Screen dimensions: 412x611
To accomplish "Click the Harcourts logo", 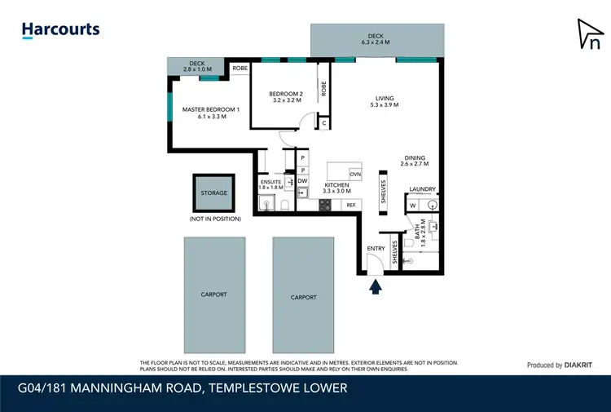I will point(60,31).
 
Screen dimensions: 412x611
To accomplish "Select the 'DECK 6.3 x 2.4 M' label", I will point(376,39).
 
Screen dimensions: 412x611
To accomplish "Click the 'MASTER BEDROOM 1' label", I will point(211,113).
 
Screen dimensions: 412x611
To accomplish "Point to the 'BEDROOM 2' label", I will point(286,98).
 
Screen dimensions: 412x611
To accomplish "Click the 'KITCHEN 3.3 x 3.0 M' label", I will point(337,189).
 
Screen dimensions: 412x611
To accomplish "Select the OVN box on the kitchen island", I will point(355,175).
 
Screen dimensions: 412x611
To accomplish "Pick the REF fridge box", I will point(352,206).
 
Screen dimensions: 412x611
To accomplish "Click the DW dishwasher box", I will point(302,180).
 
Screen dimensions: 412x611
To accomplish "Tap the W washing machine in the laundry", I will point(413,205).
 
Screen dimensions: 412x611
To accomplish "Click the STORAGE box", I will point(213,193).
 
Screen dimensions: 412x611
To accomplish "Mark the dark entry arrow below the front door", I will point(376,286).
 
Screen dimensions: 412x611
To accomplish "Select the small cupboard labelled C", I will point(323,123).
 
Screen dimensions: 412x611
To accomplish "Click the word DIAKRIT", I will point(579,365).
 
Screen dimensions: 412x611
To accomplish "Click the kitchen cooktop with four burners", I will point(325,206).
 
